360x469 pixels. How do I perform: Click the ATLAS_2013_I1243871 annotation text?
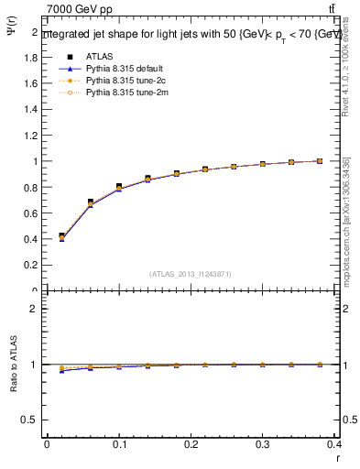[x=191, y=274]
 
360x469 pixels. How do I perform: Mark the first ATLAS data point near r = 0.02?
[x=61, y=236]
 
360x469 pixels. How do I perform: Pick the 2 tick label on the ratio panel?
[x=35, y=309]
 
